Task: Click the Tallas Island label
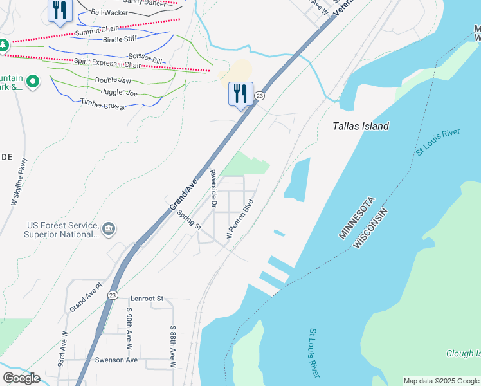(x=361, y=126)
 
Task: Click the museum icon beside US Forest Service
(x=109, y=228)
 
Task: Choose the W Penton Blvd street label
(x=240, y=219)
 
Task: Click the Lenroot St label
(x=147, y=299)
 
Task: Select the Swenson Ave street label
(x=116, y=360)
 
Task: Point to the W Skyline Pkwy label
(x=19, y=181)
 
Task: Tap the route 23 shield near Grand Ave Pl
(x=113, y=295)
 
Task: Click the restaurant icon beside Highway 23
(x=240, y=94)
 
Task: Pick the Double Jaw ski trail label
(x=113, y=80)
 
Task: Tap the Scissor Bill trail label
(x=148, y=58)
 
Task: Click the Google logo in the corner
(x=21, y=378)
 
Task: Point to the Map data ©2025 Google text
(x=440, y=381)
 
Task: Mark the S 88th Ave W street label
(x=173, y=347)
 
